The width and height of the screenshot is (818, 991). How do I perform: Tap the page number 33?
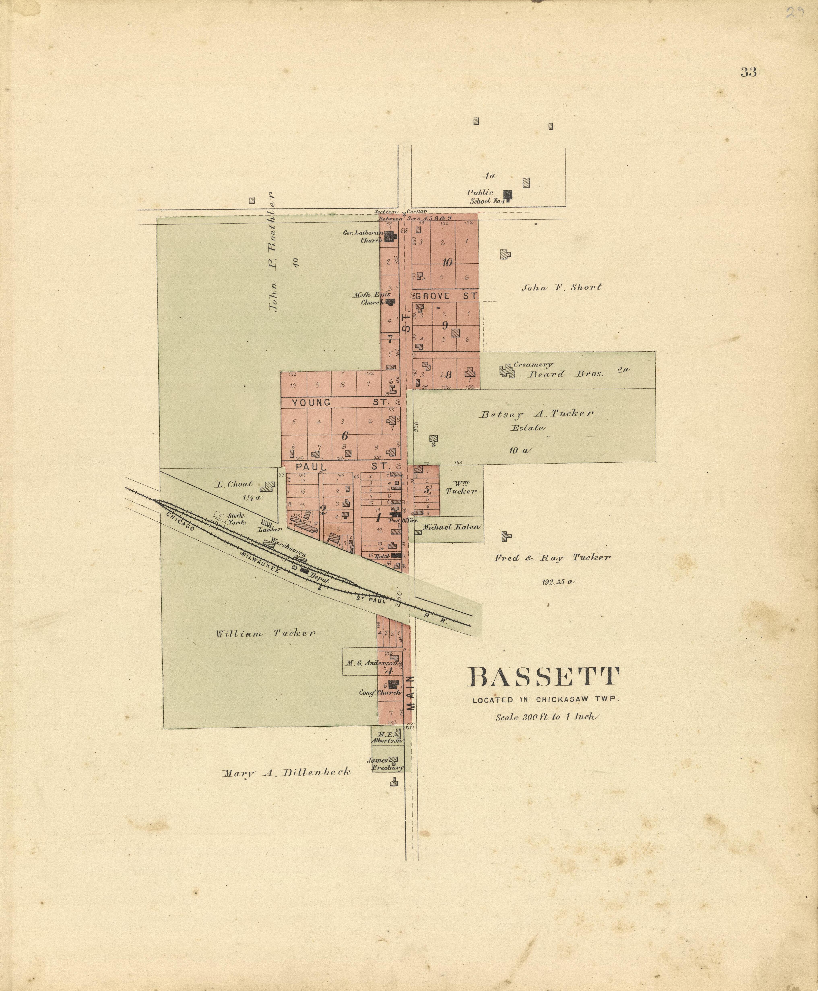[748, 72]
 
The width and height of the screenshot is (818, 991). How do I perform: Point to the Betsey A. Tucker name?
[536, 414]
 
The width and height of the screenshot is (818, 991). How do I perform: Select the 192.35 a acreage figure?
[558, 581]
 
